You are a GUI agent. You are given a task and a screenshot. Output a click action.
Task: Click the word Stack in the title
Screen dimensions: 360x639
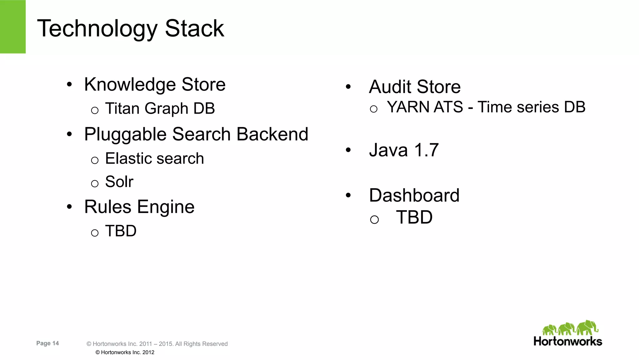pyautogui.click(x=194, y=29)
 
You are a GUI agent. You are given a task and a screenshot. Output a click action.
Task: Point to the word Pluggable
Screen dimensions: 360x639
pyautogui.click(x=125, y=135)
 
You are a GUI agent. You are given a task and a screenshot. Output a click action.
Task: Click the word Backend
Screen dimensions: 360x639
pyautogui.click(x=272, y=134)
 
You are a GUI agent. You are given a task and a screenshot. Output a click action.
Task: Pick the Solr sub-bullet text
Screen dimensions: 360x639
pyautogui.click(x=119, y=182)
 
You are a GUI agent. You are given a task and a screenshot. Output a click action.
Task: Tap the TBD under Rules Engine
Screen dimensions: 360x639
pyautogui.click(x=121, y=231)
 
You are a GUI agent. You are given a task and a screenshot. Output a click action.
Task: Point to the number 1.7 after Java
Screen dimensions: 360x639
pyautogui.click(x=426, y=150)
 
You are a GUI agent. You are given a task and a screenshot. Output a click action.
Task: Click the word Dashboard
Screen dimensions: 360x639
pyautogui.click(x=414, y=195)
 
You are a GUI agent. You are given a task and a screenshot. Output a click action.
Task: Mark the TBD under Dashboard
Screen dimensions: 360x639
pyautogui.click(x=414, y=217)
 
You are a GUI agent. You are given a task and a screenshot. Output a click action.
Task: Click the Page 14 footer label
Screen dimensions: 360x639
pyautogui.click(x=47, y=343)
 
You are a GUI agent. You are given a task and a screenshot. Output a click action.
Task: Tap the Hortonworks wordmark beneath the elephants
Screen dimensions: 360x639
pyautogui.click(x=568, y=341)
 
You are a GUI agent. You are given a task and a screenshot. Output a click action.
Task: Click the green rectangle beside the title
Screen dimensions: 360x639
pyautogui.click(x=13, y=27)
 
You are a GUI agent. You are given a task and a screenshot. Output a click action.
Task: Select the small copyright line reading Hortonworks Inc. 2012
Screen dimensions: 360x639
pyautogui.click(x=125, y=353)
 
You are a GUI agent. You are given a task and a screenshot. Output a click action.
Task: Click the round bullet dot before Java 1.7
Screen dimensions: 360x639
pyautogui.click(x=348, y=150)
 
